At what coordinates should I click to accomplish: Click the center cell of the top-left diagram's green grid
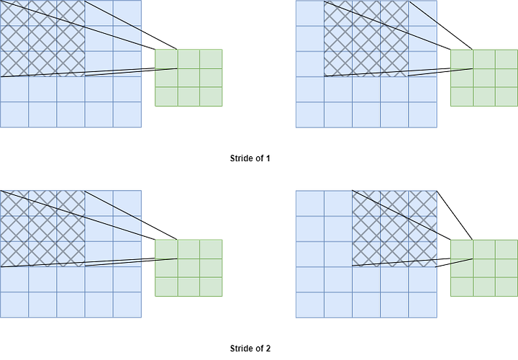[x=188, y=78]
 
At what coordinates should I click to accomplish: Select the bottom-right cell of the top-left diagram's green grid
[x=211, y=97]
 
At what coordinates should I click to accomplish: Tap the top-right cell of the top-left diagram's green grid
[x=211, y=58]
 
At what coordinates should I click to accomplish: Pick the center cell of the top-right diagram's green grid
[x=483, y=78]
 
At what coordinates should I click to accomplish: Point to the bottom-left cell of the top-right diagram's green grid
[x=461, y=97]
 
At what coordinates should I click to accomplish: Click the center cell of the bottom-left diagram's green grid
[x=188, y=268]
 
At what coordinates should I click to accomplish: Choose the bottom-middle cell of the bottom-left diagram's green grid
[x=188, y=287]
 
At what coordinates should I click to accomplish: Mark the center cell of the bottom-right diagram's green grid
[x=483, y=268]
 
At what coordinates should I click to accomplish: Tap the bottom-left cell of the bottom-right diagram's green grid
[x=461, y=287]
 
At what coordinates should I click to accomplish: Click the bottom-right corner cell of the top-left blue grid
[x=128, y=114]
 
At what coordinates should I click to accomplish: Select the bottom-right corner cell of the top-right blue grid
[x=423, y=114]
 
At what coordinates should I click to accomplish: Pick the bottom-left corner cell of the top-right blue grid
[x=309, y=114]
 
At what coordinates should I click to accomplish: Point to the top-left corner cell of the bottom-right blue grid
[x=309, y=202]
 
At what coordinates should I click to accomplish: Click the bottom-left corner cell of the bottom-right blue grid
[x=309, y=305]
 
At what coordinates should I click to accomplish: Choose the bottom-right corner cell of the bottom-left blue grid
[x=128, y=305]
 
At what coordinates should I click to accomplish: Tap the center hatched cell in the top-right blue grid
[x=366, y=38]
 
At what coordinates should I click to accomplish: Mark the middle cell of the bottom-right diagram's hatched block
[x=395, y=228]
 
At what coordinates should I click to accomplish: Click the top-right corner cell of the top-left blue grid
[x=128, y=12]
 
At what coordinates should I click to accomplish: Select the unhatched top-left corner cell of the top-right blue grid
[x=309, y=12]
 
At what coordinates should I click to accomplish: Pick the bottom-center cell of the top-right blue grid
[x=366, y=114]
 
